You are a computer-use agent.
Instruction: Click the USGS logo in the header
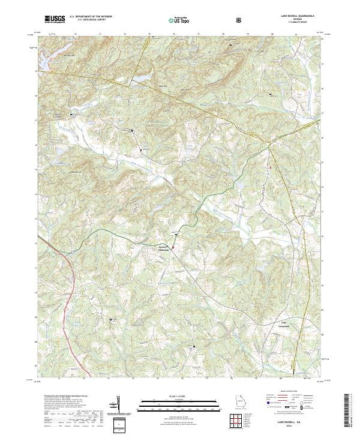pyautogui.click(x=55, y=20)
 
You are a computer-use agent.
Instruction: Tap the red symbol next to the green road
pyautogui.click(x=174, y=247)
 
